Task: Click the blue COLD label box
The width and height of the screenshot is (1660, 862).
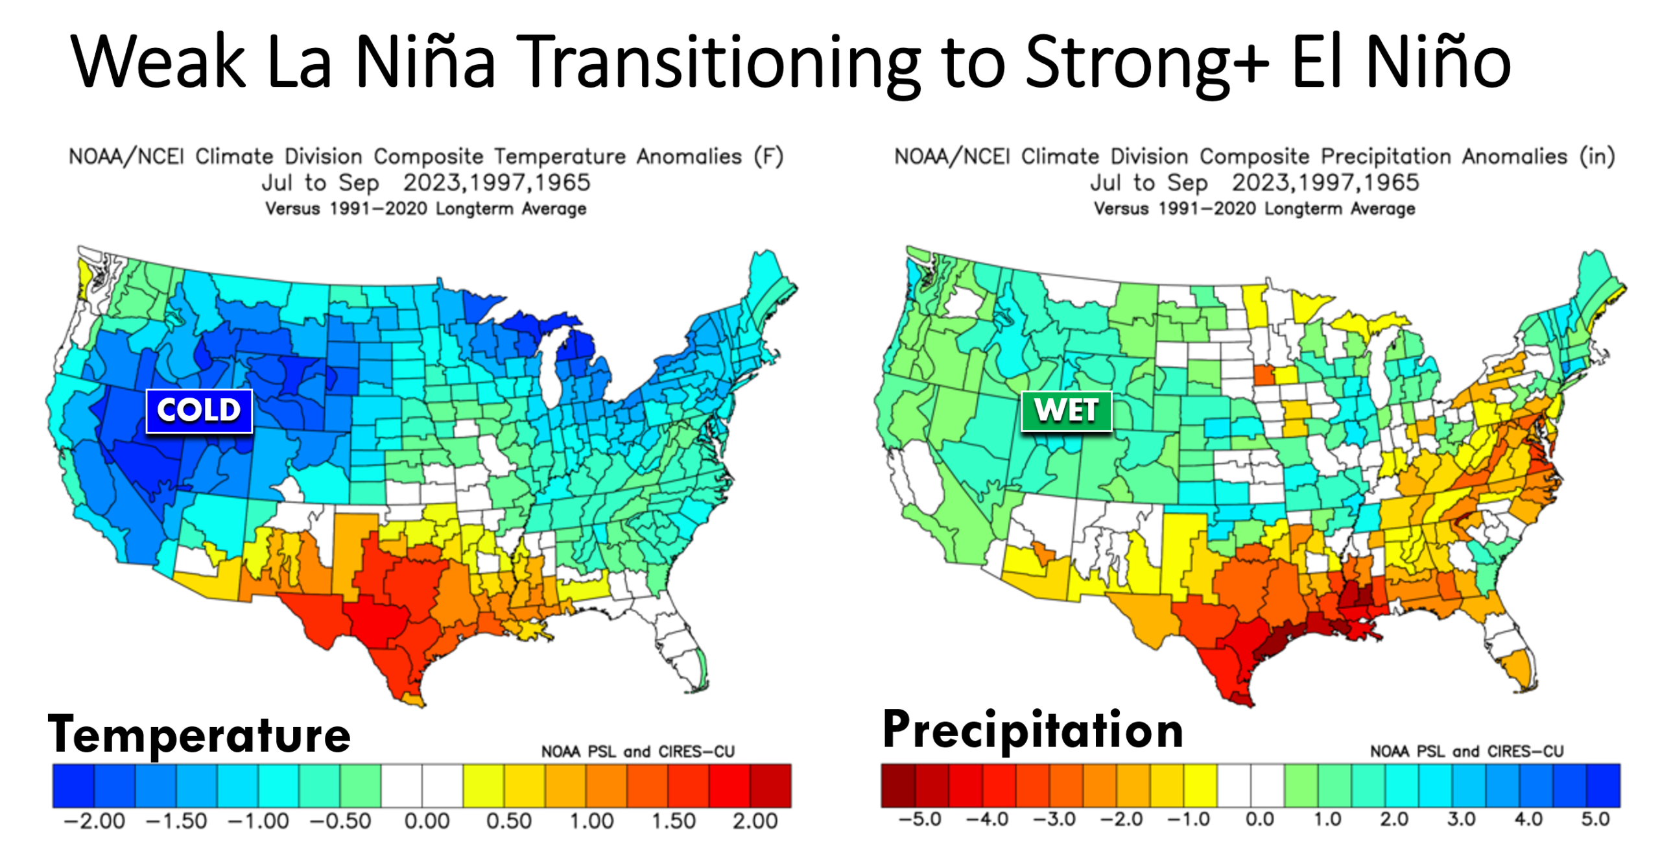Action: tap(198, 411)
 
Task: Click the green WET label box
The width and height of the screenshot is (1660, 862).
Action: tap(1066, 411)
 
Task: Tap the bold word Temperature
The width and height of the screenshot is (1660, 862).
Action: tap(199, 735)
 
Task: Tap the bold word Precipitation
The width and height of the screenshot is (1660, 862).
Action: tap(1032, 730)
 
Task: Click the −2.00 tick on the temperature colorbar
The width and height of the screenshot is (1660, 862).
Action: tap(95, 821)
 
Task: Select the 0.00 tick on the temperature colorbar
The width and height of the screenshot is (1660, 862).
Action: tap(427, 821)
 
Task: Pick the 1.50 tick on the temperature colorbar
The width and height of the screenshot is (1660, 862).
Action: tap(673, 821)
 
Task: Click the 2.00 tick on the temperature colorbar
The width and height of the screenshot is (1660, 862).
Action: tap(755, 821)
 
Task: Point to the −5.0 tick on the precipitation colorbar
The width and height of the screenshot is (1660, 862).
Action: tap(919, 819)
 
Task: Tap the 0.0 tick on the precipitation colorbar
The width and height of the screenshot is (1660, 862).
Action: tap(1259, 819)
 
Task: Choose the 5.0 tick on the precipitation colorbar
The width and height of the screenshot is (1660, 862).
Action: tap(1595, 819)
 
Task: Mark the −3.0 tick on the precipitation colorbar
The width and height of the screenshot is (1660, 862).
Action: tap(1054, 819)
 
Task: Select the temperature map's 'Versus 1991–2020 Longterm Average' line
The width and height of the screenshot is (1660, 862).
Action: tap(425, 209)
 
